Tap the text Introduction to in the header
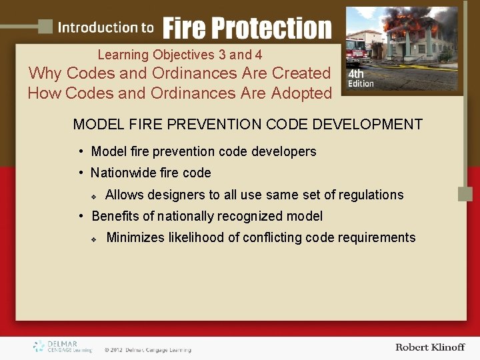105,28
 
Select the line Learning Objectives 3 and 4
179,55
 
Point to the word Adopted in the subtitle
301,93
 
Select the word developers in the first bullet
283,152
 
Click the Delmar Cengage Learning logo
62,347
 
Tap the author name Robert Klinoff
430,347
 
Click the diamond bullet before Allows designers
94,197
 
